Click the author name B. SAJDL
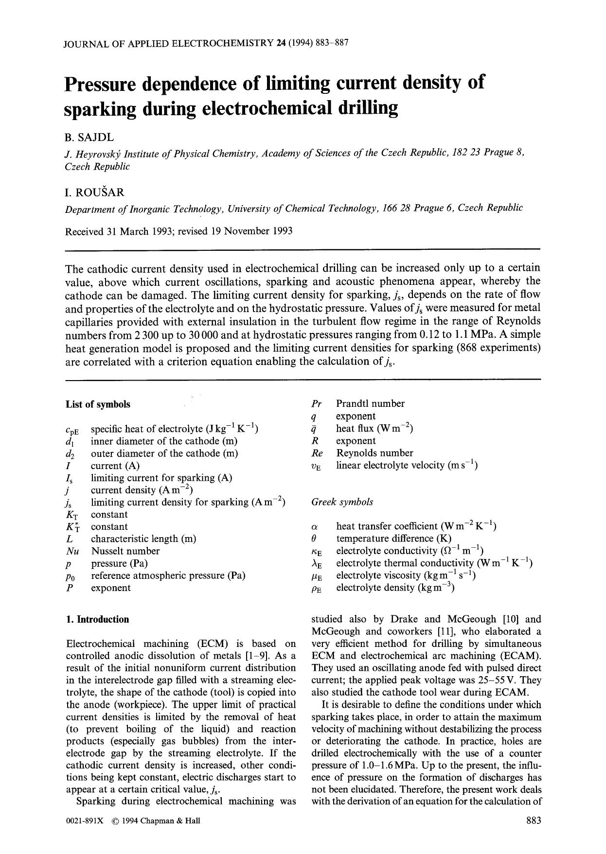(x=89, y=138)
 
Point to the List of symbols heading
(x=98, y=404)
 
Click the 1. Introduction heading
(x=98, y=619)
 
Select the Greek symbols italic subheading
(x=342, y=502)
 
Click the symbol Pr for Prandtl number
(x=317, y=404)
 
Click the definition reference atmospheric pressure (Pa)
(x=168, y=575)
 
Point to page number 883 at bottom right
(x=534, y=821)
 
